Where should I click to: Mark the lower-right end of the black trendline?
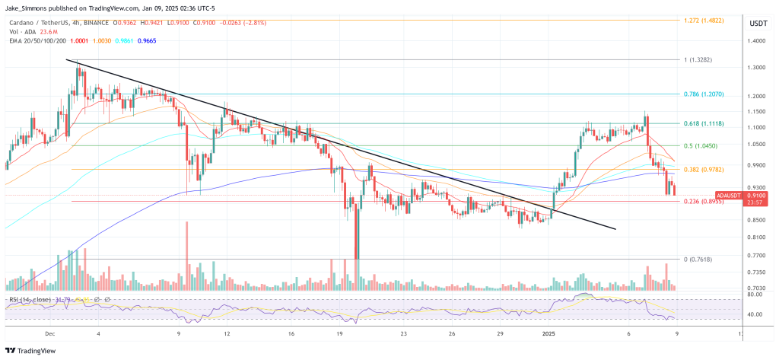coord(615,228)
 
